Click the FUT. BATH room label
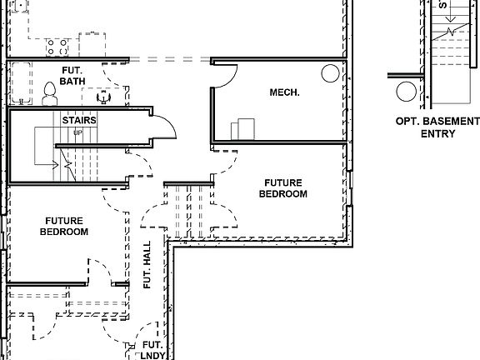tap(75, 76)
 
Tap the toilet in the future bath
tap(49, 92)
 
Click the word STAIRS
tap(79, 120)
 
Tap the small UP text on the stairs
tap(78, 132)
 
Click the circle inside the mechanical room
tap(329, 72)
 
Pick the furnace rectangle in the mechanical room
tap(245, 129)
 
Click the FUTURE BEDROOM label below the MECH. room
tap(285, 188)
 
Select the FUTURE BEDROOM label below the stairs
tap(63, 226)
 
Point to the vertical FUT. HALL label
tap(147, 269)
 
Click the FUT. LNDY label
tap(152, 349)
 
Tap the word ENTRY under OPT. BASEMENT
tap(437, 133)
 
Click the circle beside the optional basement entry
tap(406, 92)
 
